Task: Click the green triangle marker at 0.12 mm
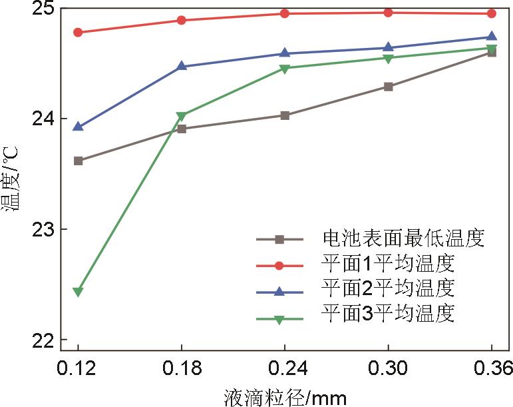tap(78, 292)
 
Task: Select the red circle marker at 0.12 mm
tap(78, 32)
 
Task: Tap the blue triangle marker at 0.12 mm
tap(78, 127)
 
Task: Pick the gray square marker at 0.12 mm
tap(78, 161)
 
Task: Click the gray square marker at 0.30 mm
tap(389, 87)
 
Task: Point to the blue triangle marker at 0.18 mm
tap(182, 66)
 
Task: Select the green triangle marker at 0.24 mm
tap(285, 68)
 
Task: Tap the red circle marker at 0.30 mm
tap(389, 13)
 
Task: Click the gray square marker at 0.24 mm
tap(285, 115)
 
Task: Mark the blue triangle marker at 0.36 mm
tap(492, 37)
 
